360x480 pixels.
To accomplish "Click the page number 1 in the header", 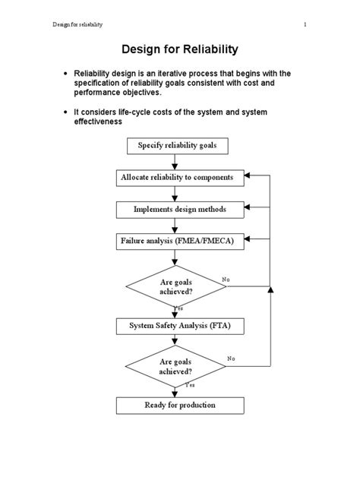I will pos(305,24).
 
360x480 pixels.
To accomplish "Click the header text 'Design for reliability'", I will pos(77,24).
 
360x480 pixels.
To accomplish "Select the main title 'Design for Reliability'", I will pos(180,49).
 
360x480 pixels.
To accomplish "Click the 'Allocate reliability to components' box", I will pos(182,178).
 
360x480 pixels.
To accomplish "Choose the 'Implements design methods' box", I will pos(180,209).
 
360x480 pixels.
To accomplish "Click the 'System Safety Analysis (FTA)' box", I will pos(180,326).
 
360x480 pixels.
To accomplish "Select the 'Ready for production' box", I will pos(180,405).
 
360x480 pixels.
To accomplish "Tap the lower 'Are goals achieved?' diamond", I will pos(175,367).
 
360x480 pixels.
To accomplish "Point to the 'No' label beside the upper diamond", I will pos(226,279).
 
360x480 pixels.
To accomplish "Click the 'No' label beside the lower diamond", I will pos(231,358).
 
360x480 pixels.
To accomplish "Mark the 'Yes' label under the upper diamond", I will pos(178,308).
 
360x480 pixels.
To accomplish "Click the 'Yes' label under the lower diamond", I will pos(190,386).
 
